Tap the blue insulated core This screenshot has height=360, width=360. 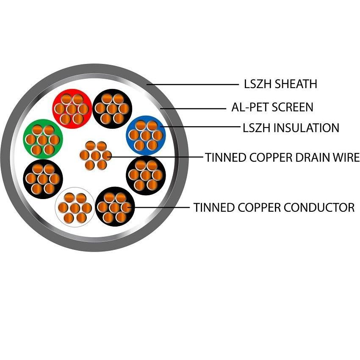(146, 135)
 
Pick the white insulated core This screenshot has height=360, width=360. (75, 208)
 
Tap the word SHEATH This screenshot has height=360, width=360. (296, 84)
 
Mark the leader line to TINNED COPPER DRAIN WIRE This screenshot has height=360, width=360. (157, 157)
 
